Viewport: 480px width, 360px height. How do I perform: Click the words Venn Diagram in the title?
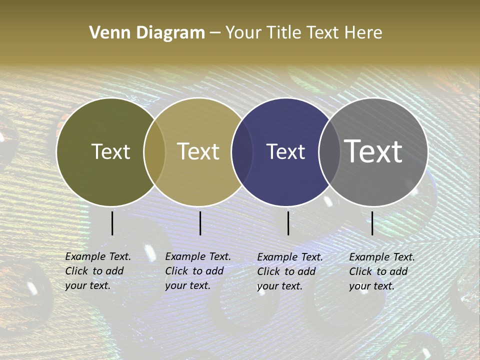(147, 33)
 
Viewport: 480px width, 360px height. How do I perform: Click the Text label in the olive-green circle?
(110, 151)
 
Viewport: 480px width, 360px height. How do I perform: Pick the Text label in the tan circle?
(198, 151)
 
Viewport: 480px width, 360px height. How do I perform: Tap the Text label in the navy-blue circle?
(285, 151)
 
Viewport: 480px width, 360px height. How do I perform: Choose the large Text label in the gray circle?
(373, 151)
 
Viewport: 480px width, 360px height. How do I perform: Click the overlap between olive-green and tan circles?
(154, 151)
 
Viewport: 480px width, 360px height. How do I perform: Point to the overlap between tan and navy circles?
(241, 151)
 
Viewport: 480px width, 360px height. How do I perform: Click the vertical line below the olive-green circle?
(112, 223)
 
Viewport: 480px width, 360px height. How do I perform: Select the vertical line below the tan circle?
(200, 223)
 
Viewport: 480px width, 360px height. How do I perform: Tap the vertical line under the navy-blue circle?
(288, 223)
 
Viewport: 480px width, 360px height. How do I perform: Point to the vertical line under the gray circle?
(372, 223)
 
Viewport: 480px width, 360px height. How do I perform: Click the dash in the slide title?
(215, 33)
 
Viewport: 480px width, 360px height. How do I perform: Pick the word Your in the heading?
(243, 33)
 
